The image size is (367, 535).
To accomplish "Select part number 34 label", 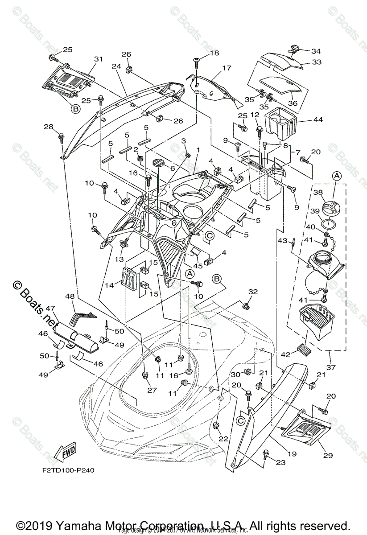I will pyautogui.click(x=316, y=51).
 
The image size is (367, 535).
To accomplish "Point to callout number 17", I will pyautogui.click(x=227, y=68).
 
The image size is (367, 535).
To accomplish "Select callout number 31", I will pyautogui.click(x=98, y=59).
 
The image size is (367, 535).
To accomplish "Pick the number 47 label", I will pyautogui.click(x=49, y=308).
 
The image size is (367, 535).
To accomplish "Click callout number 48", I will pyautogui.click(x=70, y=296).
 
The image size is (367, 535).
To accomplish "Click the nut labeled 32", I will pyautogui.click(x=245, y=306).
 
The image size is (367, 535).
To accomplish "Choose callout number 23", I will pyautogui.click(x=280, y=462).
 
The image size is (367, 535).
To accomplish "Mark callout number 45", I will pyautogui.click(x=197, y=266).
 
